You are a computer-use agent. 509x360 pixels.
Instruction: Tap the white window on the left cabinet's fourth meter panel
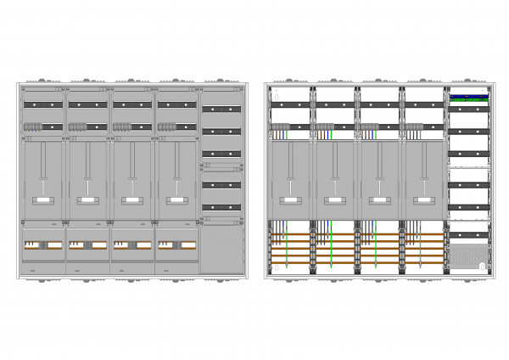pyautogui.click(x=176, y=200)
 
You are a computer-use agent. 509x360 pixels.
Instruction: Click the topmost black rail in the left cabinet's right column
pyautogui.click(x=222, y=109)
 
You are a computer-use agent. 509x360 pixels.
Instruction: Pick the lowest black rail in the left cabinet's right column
pyautogui.click(x=222, y=206)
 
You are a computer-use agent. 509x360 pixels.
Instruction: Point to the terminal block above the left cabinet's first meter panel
pyautogui.click(x=33, y=127)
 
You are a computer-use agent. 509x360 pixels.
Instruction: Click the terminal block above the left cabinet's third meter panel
pyautogui.click(x=121, y=127)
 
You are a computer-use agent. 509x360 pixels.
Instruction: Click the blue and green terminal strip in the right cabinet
pyautogui.click(x=467, y=98)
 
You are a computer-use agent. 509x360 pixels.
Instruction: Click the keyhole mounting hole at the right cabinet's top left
pyautogui.click(x=271, y=97)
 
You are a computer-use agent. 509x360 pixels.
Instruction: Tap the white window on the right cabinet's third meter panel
pyautogui.click(x=379, y=200)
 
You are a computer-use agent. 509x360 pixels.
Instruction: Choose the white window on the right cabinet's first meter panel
pyautogui.click(x=290, y=200)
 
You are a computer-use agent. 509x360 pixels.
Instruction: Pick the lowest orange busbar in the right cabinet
pyautogui.click(x=356, y=262)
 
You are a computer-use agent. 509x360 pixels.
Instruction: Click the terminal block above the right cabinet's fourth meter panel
pyautogui.click(x=414, y=128)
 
